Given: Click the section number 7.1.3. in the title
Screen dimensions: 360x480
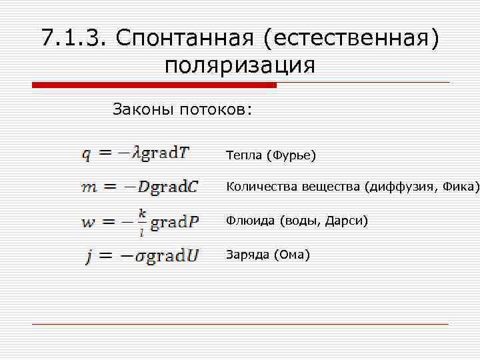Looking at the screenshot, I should [x=73, y=38].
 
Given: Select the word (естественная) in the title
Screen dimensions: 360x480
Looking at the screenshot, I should [x=351, y=38].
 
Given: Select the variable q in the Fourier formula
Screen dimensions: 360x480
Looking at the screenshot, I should [x=87, y=155].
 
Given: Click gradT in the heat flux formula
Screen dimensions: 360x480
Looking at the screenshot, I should [x=166, y=153].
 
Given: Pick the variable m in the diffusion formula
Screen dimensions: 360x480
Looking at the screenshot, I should [x=89, y=188].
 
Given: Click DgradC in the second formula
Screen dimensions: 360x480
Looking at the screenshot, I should [x=168, y=187].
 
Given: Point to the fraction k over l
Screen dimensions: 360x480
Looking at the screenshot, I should [x=141, y=222].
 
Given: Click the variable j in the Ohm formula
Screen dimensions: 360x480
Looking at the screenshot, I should [x=89, y=257].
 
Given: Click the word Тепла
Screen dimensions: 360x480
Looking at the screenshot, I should [x=244, y=156].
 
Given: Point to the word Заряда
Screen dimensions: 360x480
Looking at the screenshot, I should [x=247, y=255].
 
